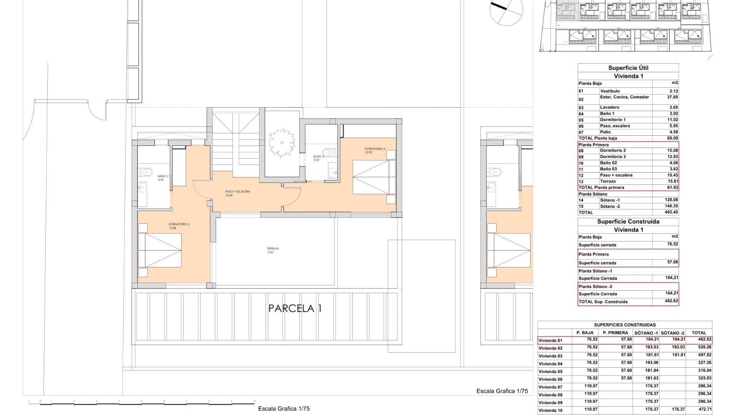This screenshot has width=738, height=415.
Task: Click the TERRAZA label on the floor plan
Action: coord(273,249)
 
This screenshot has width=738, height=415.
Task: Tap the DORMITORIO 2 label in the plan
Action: coord(179,224)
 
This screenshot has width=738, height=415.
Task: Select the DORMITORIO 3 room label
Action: coord(374,149)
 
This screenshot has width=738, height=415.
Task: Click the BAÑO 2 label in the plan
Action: coord(163,176)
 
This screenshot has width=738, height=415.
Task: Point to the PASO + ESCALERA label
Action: coord(238,191)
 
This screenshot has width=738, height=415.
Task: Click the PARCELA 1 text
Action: coord(295,308)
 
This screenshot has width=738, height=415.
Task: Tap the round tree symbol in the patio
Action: coord(282,143)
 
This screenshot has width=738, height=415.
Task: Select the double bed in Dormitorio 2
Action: coord(160,250)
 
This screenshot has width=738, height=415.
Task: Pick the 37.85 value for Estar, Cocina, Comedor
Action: coord(672,97)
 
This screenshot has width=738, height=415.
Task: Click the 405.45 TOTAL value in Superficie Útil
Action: coord(671,212)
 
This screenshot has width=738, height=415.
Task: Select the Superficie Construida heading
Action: coord(628,222)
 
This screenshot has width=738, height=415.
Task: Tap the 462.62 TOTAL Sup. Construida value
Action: coord(671,301)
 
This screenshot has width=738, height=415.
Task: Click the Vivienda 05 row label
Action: coord(550,371)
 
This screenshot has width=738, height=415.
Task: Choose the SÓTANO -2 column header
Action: coord(673,333)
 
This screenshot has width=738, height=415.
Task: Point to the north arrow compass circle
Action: coord(507,11)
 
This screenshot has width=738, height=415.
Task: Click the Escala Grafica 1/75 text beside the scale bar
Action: coord(284,409)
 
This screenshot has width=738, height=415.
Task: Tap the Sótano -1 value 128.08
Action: coord(671,200)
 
